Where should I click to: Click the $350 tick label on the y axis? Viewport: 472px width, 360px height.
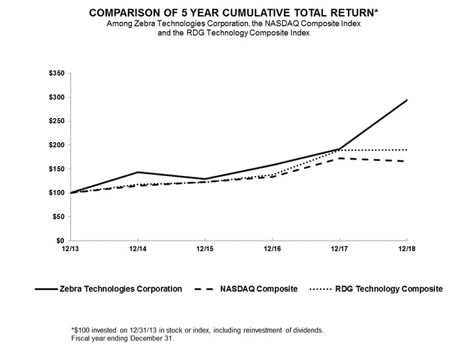56,73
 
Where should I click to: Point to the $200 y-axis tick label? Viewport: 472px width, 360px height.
56,145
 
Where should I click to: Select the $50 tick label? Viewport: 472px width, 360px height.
58,217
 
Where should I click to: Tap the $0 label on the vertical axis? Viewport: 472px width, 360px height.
60,241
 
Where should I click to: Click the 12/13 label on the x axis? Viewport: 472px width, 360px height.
69,249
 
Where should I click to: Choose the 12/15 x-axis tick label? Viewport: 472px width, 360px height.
204,249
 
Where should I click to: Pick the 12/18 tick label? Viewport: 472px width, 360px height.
407,249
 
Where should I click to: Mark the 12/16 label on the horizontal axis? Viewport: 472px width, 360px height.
272,249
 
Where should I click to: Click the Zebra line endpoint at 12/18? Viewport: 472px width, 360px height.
407,100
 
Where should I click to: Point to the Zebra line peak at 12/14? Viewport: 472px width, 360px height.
137,172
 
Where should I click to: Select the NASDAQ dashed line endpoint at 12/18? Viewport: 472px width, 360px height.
407,161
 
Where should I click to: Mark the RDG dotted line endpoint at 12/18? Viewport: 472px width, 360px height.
407,150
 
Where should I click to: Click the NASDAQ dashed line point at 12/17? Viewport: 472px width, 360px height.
339,158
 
